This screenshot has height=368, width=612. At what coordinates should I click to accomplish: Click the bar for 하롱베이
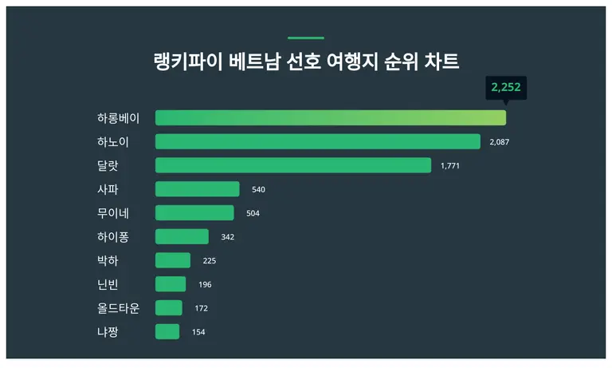tap(330, 118)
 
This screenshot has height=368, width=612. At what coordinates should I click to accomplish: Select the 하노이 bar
tap(317, 142)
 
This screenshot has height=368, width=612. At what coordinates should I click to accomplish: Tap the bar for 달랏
tap(292, 165)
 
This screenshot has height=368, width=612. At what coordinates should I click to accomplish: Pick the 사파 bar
tap(197, 189)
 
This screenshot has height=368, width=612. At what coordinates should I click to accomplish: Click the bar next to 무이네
tap(194, 213)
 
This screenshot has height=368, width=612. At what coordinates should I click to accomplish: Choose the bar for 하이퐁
tap(182, 237)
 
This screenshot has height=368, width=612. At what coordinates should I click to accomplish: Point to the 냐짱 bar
tap(167, 331)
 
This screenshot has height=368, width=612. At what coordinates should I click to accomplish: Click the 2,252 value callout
tap(505, 87)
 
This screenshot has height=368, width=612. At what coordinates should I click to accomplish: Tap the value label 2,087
tap(499, 142)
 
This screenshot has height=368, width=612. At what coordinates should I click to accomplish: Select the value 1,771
tap(450, 166)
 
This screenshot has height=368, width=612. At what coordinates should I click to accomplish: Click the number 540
tap(258, 190)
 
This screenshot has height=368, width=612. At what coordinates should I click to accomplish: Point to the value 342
tap(228, 237)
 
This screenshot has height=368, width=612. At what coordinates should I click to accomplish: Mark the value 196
tap(205, 284)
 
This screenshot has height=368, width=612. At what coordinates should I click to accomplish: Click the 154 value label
tap(198, 332)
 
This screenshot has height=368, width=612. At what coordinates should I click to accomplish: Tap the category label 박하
tap(108, 260)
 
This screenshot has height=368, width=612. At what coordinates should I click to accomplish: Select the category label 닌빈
tap(108, 284)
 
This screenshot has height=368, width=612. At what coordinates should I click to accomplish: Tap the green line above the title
tap(305, 38)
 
